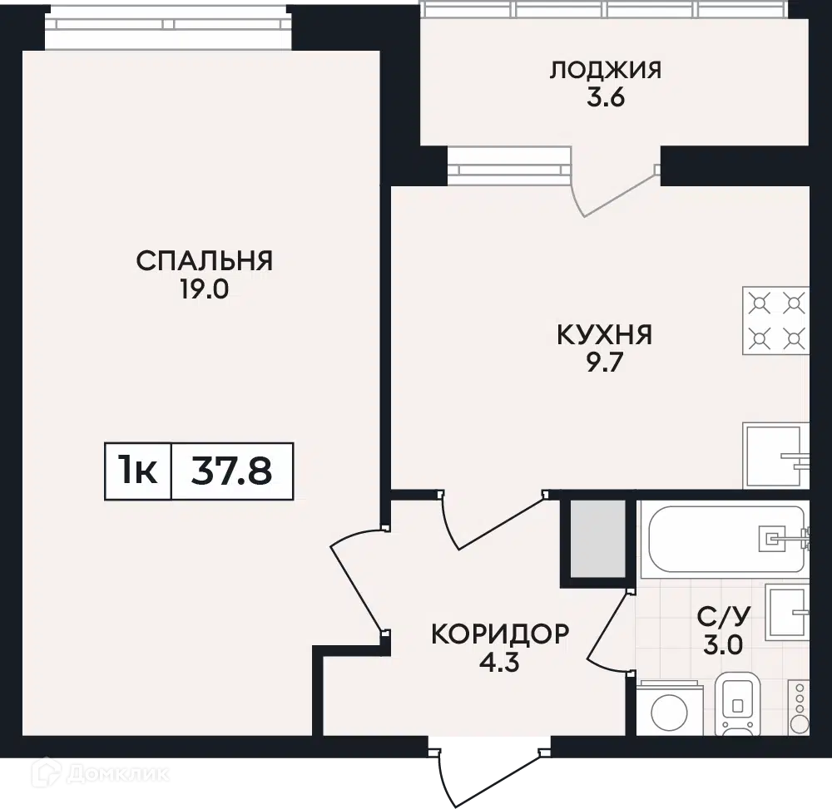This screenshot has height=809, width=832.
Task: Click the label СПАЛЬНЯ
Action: (205, 261)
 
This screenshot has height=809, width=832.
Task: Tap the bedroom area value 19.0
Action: (205, 289)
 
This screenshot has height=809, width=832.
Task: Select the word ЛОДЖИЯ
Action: (606, 70)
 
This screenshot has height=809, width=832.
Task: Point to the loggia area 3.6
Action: (606, 98)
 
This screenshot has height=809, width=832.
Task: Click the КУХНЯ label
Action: (604, 335)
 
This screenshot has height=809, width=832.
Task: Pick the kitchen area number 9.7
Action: (604, 363)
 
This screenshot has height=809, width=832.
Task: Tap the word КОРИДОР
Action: (500, 634)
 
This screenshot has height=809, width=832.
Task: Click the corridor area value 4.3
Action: (499, 663)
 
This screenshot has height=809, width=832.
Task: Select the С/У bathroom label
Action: (723, 616)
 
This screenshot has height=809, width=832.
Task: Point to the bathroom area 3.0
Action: (723, 645)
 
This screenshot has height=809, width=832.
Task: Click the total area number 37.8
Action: (232, 471)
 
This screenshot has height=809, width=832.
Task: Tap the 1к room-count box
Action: (138, 471)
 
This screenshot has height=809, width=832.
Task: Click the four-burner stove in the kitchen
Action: (775, 321)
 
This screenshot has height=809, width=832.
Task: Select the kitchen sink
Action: (775, 456)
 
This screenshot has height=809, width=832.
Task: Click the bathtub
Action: (725, 539)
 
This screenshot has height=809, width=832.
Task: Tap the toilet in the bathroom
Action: (737, 703)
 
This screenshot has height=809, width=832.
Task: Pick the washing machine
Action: (670, 708)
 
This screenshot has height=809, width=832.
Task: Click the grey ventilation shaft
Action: (598, 539)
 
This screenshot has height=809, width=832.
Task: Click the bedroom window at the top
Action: (168, 24)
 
